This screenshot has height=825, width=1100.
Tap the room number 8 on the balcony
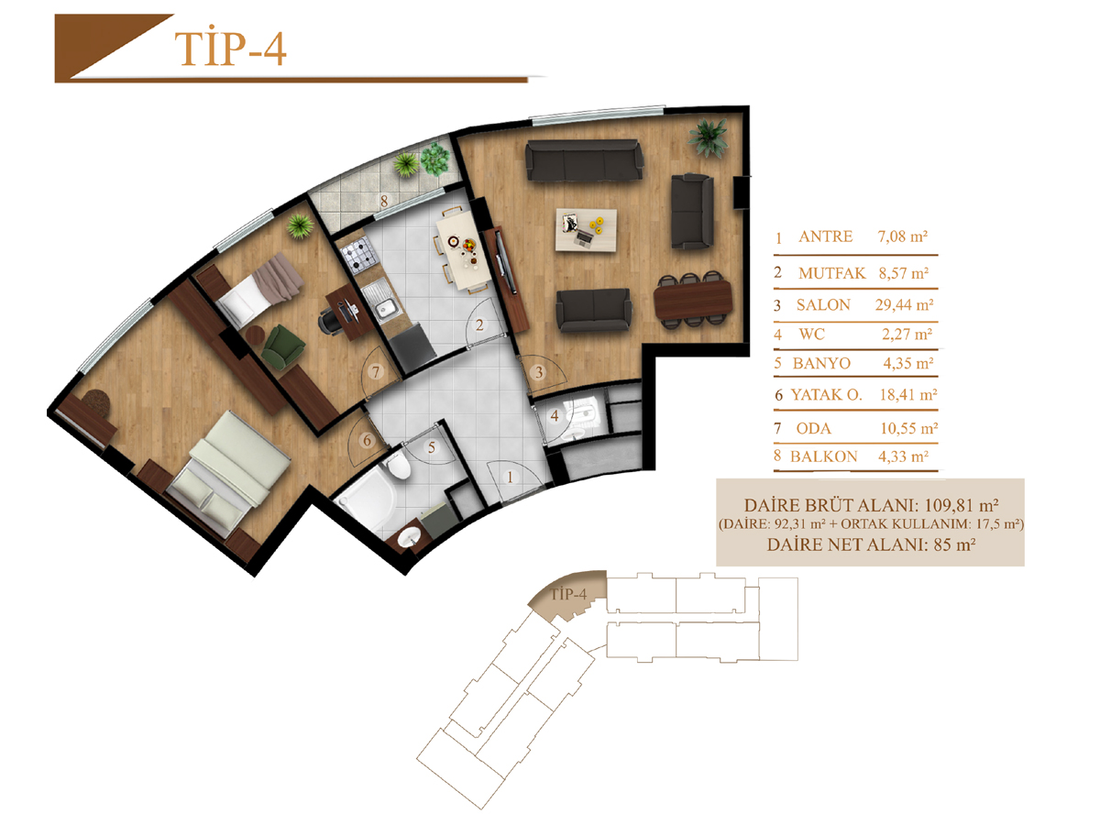pos(384,202)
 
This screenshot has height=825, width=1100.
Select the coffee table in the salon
pos(586,230)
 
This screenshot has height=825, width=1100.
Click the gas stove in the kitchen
pos(357,255)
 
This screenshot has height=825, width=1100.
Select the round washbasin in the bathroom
pos(410,538)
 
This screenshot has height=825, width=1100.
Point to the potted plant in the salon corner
pos(707,138)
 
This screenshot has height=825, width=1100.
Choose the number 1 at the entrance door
pos(511,478)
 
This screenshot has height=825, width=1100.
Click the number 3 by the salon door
pos(539,372)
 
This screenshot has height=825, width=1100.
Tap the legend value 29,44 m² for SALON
pos(904,304)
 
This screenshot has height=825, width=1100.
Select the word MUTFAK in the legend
pos(832,273)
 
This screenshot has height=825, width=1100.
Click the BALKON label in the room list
pos(824,456)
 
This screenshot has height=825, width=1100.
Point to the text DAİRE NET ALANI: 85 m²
pos(871,544)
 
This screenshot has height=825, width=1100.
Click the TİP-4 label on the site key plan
pos(568,595)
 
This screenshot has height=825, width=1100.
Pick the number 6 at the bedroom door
pos(367,440)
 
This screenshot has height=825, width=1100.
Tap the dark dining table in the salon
pos(693,299)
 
